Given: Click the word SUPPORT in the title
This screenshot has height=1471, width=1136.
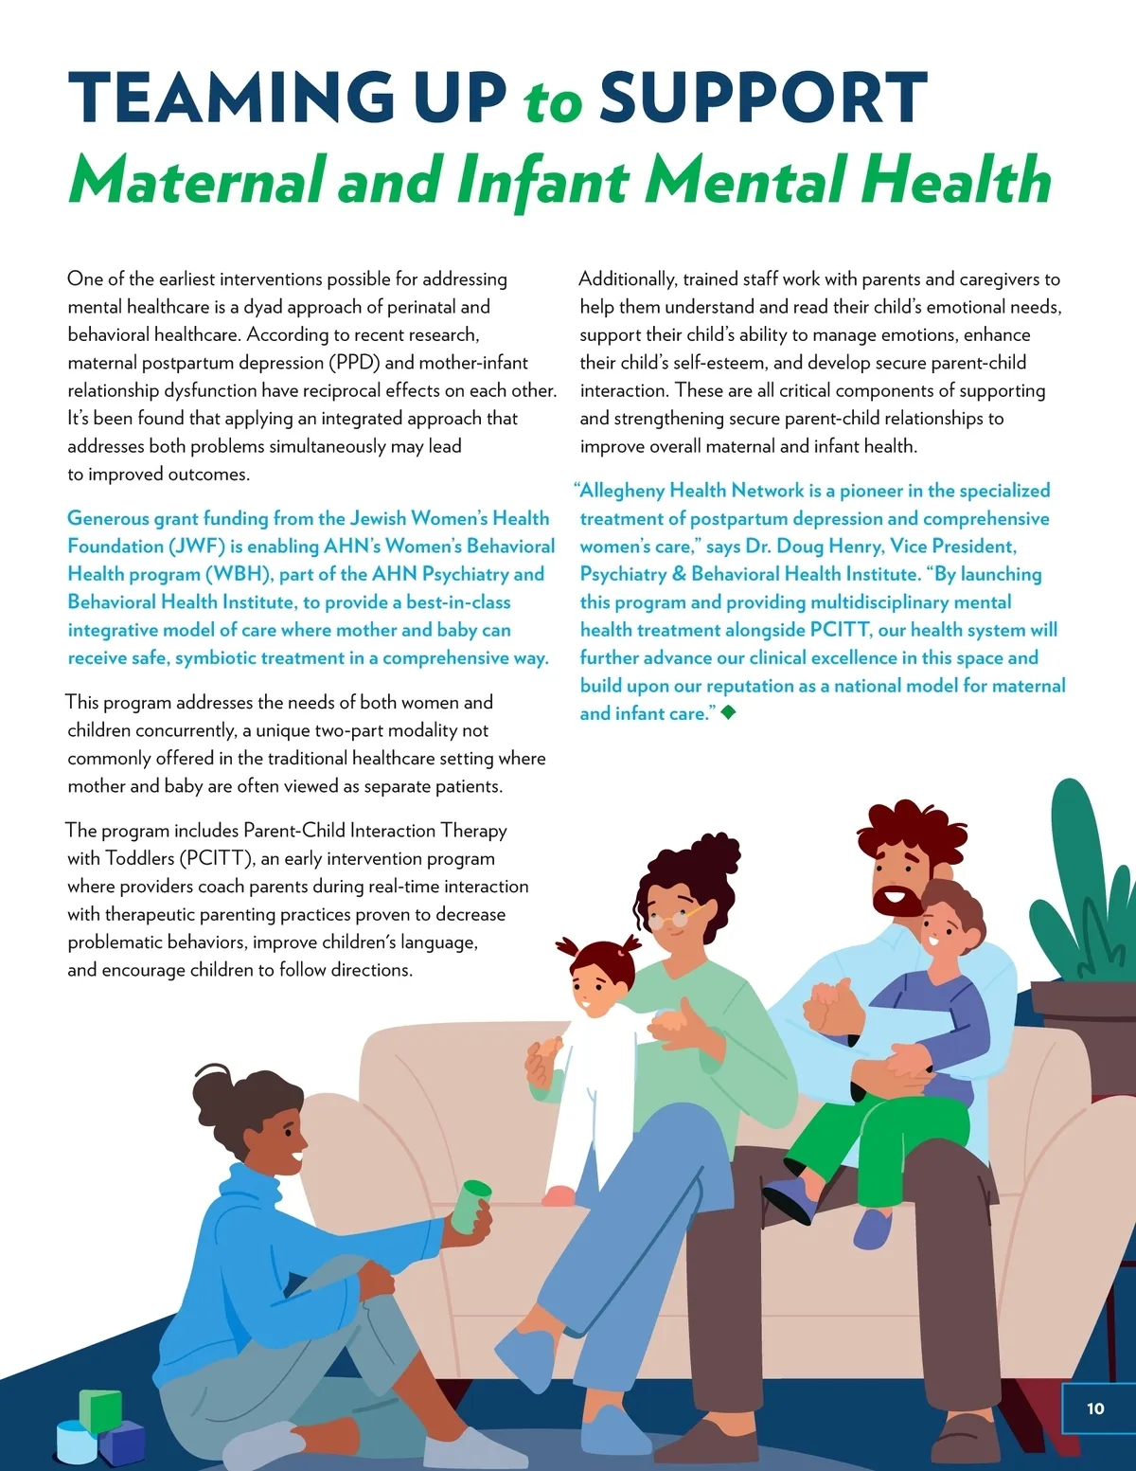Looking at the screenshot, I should tap(763, 98).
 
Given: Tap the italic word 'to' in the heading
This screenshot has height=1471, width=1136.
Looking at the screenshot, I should tap(553, 101).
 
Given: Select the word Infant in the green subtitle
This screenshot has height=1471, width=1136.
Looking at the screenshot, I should tap(543, 180).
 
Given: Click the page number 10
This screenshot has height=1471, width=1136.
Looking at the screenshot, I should tap(1095, 1408).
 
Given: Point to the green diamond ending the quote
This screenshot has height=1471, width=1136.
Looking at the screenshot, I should tap(728, 711).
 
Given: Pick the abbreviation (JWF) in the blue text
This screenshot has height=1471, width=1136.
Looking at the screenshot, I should tap(198, 547).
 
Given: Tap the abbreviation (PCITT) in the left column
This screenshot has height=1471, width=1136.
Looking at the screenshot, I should tap(217, 858).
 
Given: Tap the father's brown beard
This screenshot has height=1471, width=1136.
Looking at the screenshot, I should tap(895, 901).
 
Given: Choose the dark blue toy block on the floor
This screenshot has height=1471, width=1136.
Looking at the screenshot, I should tap(123, 1443).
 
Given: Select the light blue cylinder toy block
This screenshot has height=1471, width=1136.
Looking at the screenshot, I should tap(76, 1441).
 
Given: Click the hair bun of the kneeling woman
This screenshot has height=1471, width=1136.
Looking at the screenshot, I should tap(211, 1089).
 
